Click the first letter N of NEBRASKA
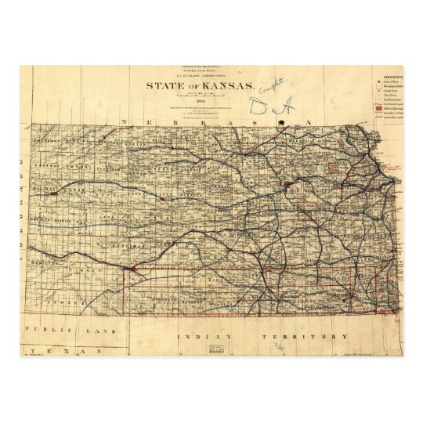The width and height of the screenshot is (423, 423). click(124, 122)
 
